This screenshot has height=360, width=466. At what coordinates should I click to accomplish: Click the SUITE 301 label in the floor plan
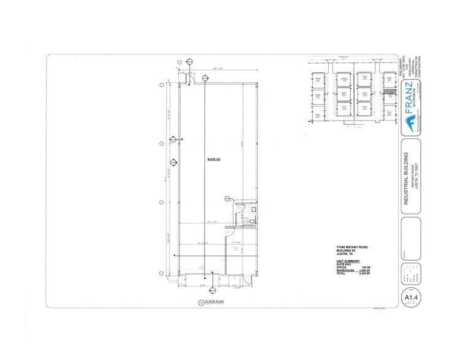pyautogui.click(x=213, y=160)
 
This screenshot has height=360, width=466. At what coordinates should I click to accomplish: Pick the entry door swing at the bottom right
pyautogui.click(x=247, y=279)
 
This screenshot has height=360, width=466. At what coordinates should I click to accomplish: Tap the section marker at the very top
pyautogui.click(x=190, y=62)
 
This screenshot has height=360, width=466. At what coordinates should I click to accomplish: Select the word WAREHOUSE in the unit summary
pyautogui.click(x=339, y=271)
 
